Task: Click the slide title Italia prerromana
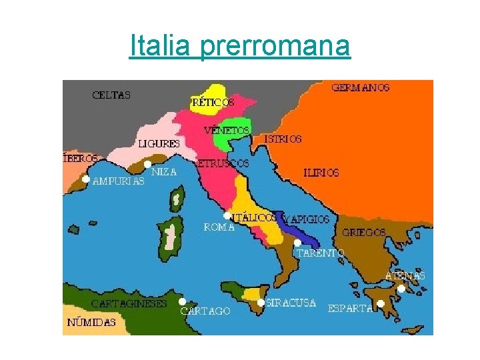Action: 239,46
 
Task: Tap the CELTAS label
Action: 111,95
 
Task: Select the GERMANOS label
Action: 361,87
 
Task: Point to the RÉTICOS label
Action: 213,103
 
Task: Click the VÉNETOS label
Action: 227,129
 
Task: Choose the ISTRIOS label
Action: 283,139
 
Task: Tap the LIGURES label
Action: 159,143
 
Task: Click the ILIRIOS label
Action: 321,173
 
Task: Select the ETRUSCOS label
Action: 223,163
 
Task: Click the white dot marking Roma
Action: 227,216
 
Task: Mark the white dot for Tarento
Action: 297,243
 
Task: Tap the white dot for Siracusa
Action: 261,302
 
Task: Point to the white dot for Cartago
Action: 182,301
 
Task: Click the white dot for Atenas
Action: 401,289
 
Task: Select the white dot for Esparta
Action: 380,304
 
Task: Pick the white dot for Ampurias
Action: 86,179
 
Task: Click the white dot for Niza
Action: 147,163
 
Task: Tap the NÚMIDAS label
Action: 91,322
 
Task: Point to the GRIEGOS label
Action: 363,233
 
